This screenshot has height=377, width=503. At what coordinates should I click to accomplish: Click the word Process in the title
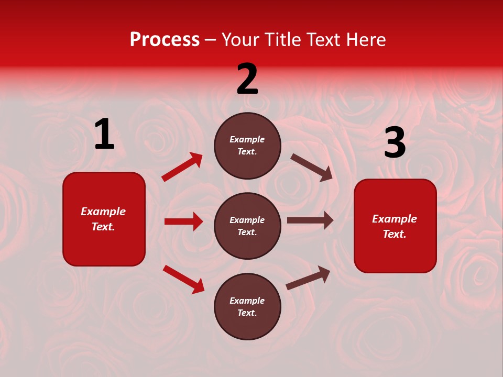pyautogui.click(x=165, y=40)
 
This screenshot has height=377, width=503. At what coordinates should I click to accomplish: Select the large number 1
pyautogui.click(x=104, y=135)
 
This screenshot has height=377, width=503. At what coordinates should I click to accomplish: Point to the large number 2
pyautogui.click(x=247, y=79)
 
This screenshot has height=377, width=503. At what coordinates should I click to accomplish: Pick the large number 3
pyautogui.click(x=395, y=143)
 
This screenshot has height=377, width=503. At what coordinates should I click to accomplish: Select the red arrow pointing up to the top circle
pyautogui.click(x=182, y=167)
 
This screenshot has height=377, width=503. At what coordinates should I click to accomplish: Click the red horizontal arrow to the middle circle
pyautogui.click(x=183, y=221)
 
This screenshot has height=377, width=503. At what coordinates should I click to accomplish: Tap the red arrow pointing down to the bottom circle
pyautogui.click(x=183, y=279)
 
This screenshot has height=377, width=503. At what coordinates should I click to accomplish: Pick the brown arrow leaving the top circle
pyautogui.click(x=312, y=167)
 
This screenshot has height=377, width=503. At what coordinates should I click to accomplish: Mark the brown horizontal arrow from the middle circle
pyautogui.click(x=310, y=220)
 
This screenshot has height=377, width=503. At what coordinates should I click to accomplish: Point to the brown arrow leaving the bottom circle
pyautogui.click(x=308, y=278)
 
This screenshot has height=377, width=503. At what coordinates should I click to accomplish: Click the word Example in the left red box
pyautogui.click(x=103, y=212)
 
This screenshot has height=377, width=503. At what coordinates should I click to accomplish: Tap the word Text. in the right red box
pyautogui.click(x=395, y=234)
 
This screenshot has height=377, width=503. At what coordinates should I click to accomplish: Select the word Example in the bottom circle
pyautogui.click(x=247, y=301)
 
